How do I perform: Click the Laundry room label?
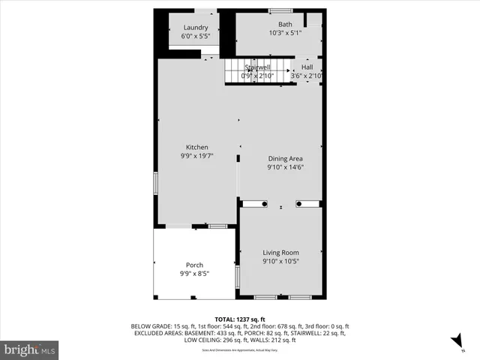tap(196, 28)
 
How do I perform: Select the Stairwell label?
tap(257, 67)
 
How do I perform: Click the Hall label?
tap(307, 67)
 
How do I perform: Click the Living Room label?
tap(280, 253)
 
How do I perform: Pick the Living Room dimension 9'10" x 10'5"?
tap(280, 262)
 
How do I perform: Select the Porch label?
tap(194, 265)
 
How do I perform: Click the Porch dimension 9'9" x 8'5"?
tap(194, 274)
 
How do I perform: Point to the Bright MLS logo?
tap(30, 349)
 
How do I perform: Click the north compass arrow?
tap(457, 342)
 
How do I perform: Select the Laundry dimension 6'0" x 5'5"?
tap(196, 36)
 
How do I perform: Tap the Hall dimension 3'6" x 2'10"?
tap(307, 76)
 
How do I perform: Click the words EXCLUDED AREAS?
tap(154, 333)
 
